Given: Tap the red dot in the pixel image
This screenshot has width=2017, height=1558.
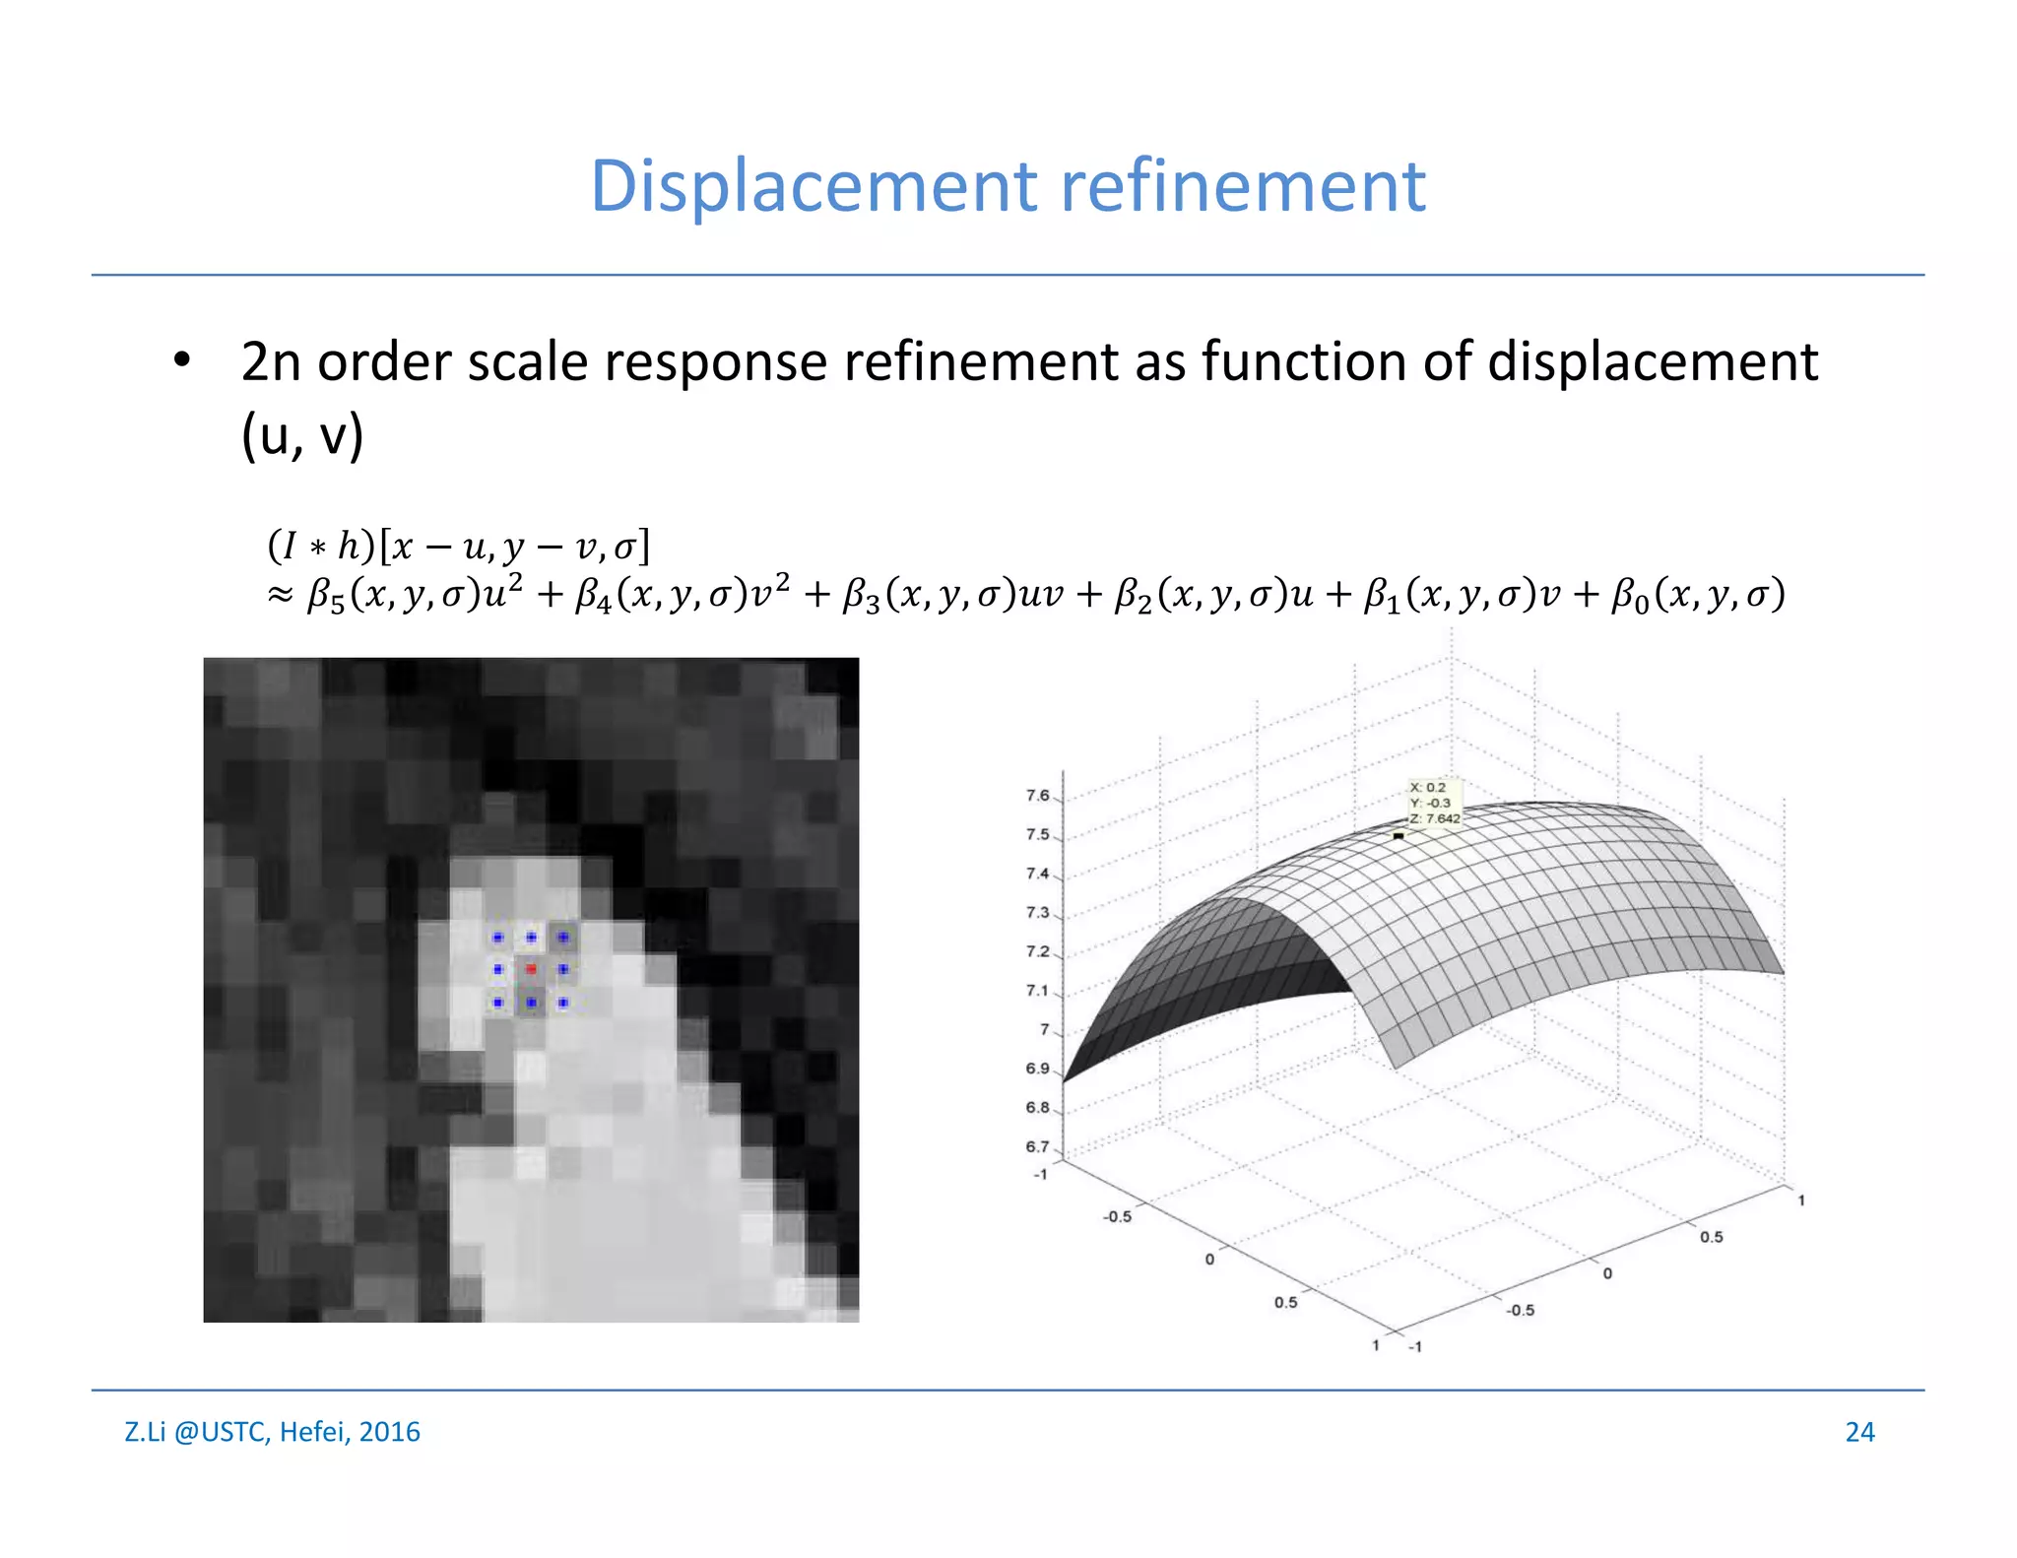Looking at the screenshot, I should pos(531,969).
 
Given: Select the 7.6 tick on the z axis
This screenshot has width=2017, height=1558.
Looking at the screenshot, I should pos(1037,796).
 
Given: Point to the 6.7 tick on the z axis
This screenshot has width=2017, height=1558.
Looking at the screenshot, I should pos(1037,1147).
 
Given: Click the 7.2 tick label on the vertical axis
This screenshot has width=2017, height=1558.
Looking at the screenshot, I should pos(1037,952).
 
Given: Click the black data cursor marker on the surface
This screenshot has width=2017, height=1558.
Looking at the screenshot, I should pos(1399,836).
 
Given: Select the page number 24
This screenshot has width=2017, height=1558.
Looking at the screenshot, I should pos(1859,1432).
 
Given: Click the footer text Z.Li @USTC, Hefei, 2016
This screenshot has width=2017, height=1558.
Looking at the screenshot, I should pos(272,1432).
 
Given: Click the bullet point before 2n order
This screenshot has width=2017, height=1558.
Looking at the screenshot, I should pos(181,360).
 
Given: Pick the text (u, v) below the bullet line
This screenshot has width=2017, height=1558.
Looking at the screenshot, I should pos(302,435).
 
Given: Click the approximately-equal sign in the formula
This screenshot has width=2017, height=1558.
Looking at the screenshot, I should pos(281,595).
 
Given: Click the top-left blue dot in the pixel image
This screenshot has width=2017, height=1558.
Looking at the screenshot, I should pos(498,938).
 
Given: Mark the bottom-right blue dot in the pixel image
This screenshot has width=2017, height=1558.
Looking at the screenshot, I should pos(563,1003).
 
